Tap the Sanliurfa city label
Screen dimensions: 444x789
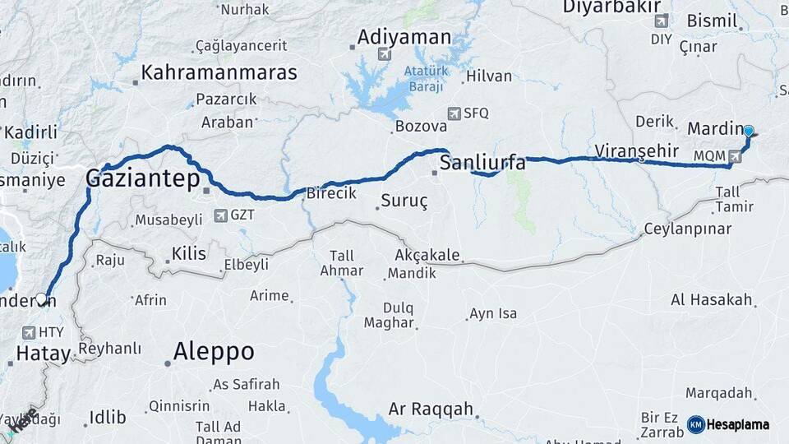[482, 162]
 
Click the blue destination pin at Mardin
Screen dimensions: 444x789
[748, 131]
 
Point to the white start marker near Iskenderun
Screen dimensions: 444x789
[41, 298]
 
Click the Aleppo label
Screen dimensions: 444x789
[214, 352]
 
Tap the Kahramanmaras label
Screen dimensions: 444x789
[219, 72]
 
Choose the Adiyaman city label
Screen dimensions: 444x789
[405, 37]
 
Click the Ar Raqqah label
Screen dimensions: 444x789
[431, 409]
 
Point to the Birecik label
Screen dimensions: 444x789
[331, 193]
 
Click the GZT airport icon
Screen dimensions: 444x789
[220, 215]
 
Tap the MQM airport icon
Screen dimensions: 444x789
[734, 155]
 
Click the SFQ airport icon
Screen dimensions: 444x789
[454, 113]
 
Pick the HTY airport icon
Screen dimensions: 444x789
[30, 332]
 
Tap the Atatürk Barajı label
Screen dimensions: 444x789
[424, 79]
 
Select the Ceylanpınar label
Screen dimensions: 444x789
[687, 229]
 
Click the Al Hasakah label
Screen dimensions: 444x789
[712, 299]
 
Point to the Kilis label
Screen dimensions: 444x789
[189, 254]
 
